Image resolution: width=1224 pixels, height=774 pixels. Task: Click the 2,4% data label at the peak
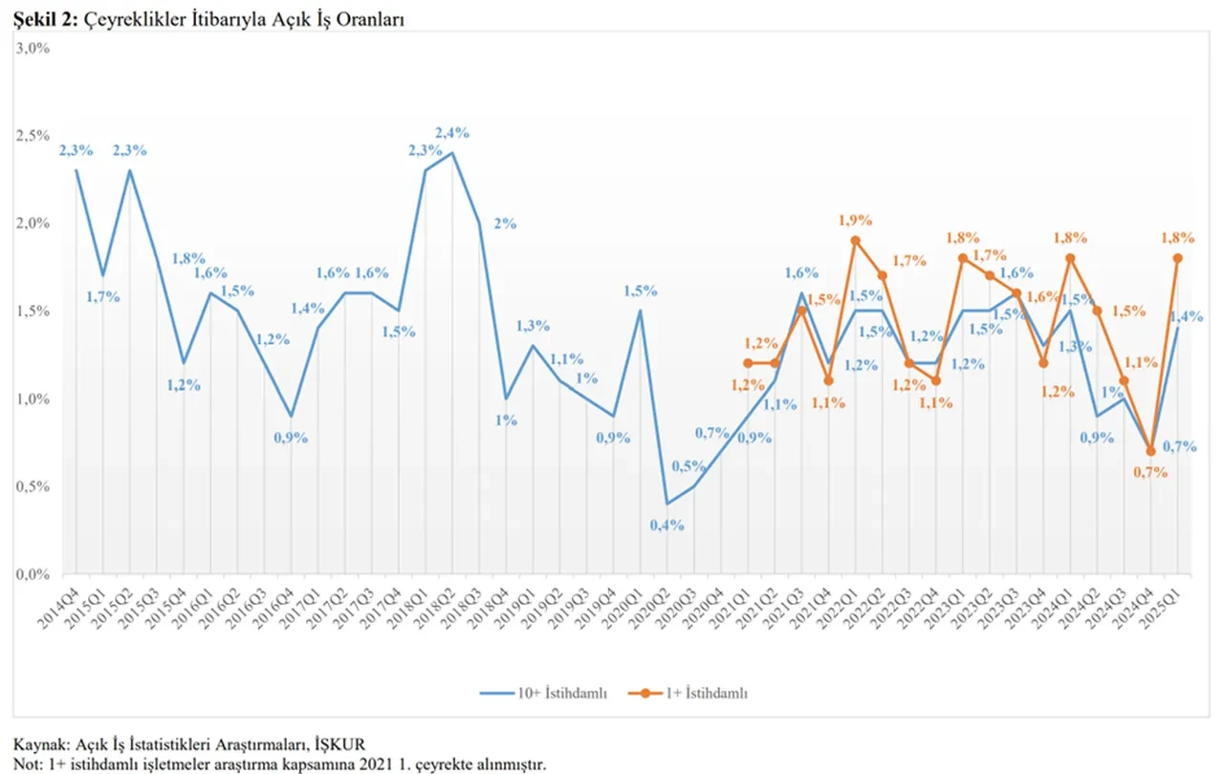pos(451,133)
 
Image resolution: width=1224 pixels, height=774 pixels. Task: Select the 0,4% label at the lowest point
pos(667,526)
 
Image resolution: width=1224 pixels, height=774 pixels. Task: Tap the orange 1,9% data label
pos(855,220)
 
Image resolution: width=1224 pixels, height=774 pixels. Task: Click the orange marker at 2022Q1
pos(855,241)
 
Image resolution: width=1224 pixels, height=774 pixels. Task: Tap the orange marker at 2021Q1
pos(748,363)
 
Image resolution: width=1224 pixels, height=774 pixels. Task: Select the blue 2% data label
pos(505,224)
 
